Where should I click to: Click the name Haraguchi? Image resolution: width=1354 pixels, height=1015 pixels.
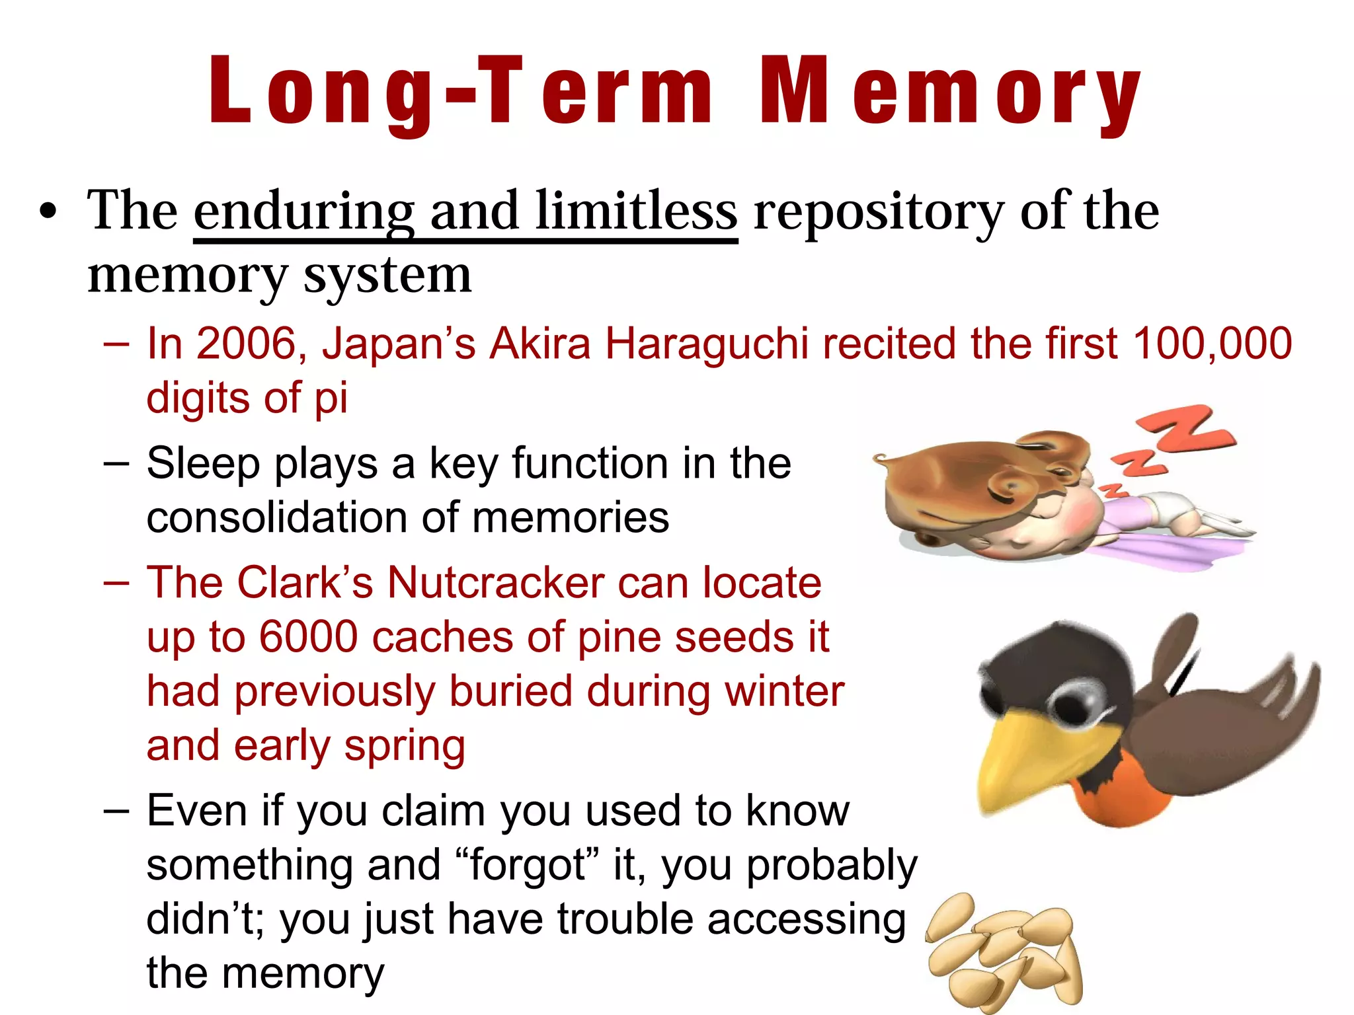(x=706, y=344)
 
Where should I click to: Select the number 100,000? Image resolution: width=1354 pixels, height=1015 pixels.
(x=1212, y=344)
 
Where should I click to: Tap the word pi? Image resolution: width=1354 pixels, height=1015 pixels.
(x=331, y=398)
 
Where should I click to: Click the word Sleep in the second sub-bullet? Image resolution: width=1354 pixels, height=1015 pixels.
(x=203, y=463)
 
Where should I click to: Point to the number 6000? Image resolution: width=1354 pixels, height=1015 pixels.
(x=308, y=637)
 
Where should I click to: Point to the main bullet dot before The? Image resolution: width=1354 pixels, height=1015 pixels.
(x=48, y=213)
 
